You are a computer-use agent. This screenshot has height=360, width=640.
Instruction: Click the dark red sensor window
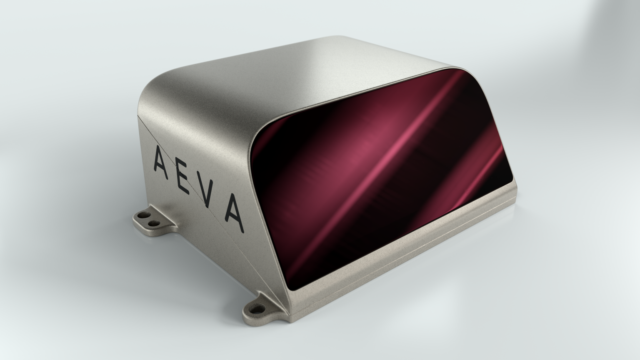coord(375,175)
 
